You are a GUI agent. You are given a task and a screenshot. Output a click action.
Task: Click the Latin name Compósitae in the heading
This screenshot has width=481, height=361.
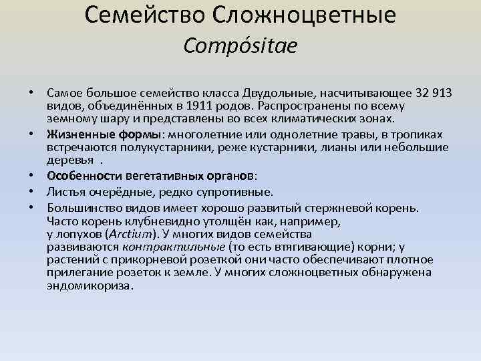pos(240,46)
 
